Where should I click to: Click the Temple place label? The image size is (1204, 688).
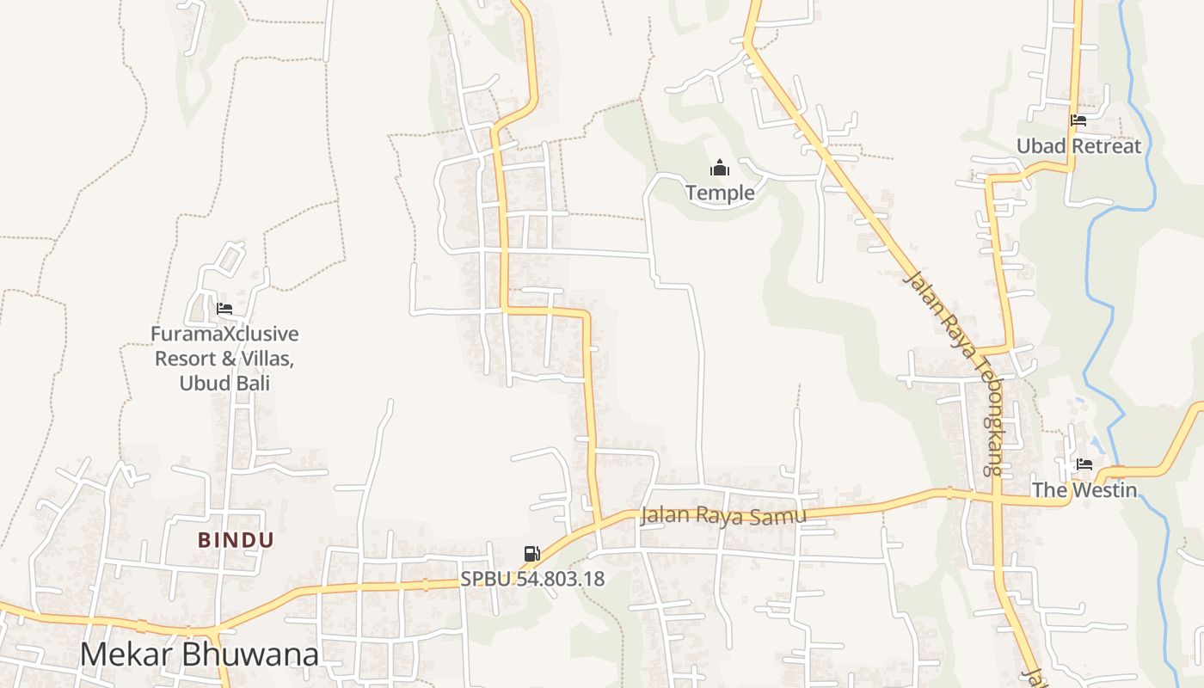[x=720, y=193]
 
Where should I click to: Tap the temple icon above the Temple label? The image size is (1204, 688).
[x=720, y=168]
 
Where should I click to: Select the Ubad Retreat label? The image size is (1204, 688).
[x=1078, y=146]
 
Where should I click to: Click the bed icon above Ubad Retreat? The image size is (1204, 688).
[x=1078, y=120]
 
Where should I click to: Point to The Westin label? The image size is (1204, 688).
[x=1084, y=490]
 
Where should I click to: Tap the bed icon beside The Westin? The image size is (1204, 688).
[x=1084, y=464]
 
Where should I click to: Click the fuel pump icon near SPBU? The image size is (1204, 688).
[x=532, y=554]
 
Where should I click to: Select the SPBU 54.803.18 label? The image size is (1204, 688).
[x=532, y=579]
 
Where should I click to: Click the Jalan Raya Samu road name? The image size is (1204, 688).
[x=723, y=516]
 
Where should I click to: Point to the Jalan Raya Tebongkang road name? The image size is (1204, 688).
[x=955, y=372]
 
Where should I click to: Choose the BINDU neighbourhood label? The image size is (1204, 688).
[x=236, y=540]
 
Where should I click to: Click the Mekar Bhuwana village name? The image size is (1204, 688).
[x=199, y=654]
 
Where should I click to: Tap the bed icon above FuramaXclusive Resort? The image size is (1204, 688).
[x=224, y=309]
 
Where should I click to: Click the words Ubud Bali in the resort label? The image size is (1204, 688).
[x=224, y=383]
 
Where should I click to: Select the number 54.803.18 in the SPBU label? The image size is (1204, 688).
[x=553, y=579]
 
